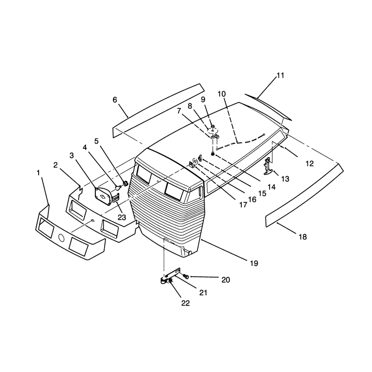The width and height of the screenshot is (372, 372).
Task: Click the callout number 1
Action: click(38, 173)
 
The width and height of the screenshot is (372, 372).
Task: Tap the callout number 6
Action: click(115, 100)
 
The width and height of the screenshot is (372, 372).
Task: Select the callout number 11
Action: click(280, 75)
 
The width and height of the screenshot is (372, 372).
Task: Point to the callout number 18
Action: click(303, 237)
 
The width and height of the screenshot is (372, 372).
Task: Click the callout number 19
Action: click(254, 263)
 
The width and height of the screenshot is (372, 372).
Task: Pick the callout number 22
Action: click(186, 303)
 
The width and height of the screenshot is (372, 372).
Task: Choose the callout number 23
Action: click(122, 217)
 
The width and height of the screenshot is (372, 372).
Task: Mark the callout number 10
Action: click(222, 94)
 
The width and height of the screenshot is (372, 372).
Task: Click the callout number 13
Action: click(285, 179)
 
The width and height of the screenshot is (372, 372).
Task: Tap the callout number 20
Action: click(226, 280)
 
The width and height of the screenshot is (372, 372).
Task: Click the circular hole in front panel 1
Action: click(61, 238)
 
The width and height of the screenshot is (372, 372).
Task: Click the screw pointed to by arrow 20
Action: click(186, 276)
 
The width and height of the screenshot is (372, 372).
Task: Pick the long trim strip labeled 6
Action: click(158, 110)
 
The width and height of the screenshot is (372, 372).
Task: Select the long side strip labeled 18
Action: click(305, 195)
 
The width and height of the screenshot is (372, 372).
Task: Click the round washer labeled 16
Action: click(195, 161)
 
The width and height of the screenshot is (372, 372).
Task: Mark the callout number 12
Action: click(310, 164)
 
